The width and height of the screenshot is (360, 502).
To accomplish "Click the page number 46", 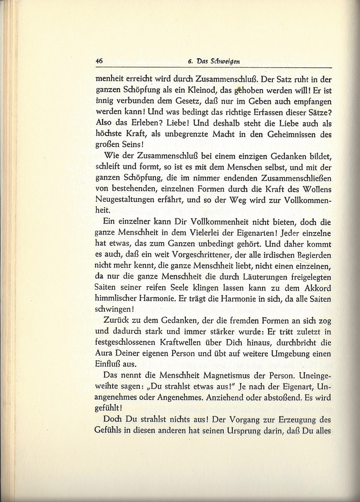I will pos(99,61).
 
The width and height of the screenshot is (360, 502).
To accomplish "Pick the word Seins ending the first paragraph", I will pos(131,145).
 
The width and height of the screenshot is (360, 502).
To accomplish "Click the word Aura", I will pos(102,353).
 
